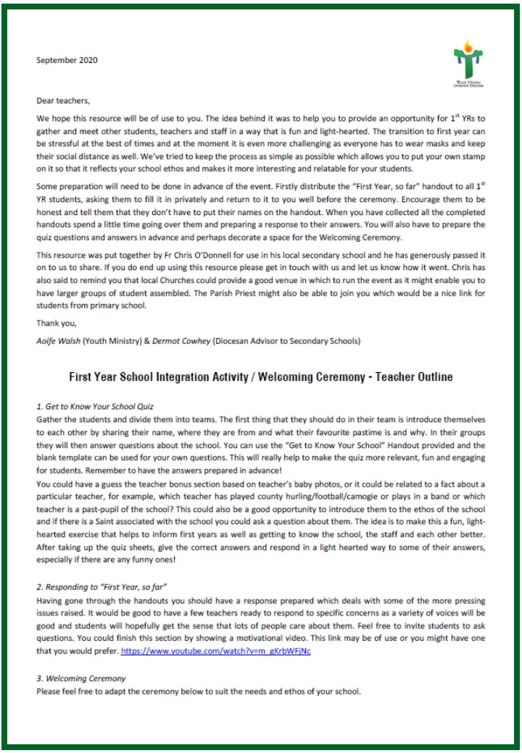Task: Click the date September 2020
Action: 67,60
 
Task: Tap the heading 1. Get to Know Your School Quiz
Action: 94,408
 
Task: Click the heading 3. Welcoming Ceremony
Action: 80,678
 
